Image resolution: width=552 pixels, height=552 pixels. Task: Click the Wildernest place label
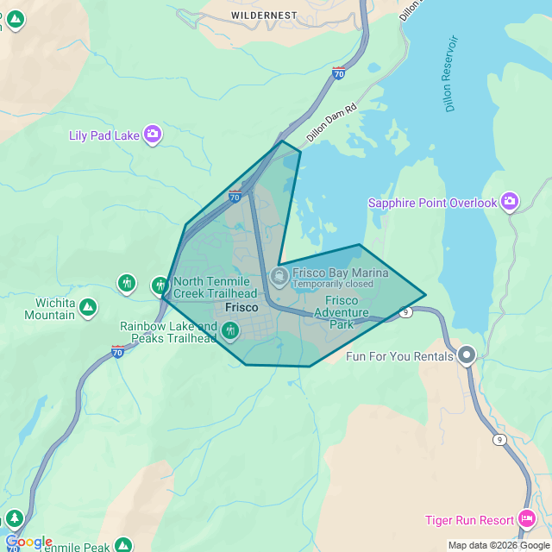click(x=264, y=16)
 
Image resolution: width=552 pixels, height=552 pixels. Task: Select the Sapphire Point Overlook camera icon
click(x=510, y=202)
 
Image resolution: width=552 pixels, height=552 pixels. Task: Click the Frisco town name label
click(x=241, y=307)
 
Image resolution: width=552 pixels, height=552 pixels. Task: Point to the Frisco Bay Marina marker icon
click(x=279, y=277)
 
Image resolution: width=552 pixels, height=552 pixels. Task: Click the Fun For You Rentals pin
click(x=467, y=354)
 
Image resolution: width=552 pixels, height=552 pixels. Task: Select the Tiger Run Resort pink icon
click(x=526, y=519)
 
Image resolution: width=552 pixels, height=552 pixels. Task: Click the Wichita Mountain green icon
click(x=88, y=307)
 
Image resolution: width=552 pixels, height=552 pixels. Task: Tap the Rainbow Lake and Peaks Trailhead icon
click(x=230, y=330)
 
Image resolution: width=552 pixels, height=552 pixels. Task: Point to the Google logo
click(x=28, y=543)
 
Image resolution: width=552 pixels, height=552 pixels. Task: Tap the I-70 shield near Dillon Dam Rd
click(x=339, y=74)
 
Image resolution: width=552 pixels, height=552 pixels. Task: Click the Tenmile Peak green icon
click(x=123, y=545)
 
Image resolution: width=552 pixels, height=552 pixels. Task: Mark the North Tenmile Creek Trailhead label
click(x=215, y=287)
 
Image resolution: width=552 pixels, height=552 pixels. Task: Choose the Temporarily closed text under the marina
click(x=333, y=284)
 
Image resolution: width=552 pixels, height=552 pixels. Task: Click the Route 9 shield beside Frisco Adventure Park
click(x=405, y=313)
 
